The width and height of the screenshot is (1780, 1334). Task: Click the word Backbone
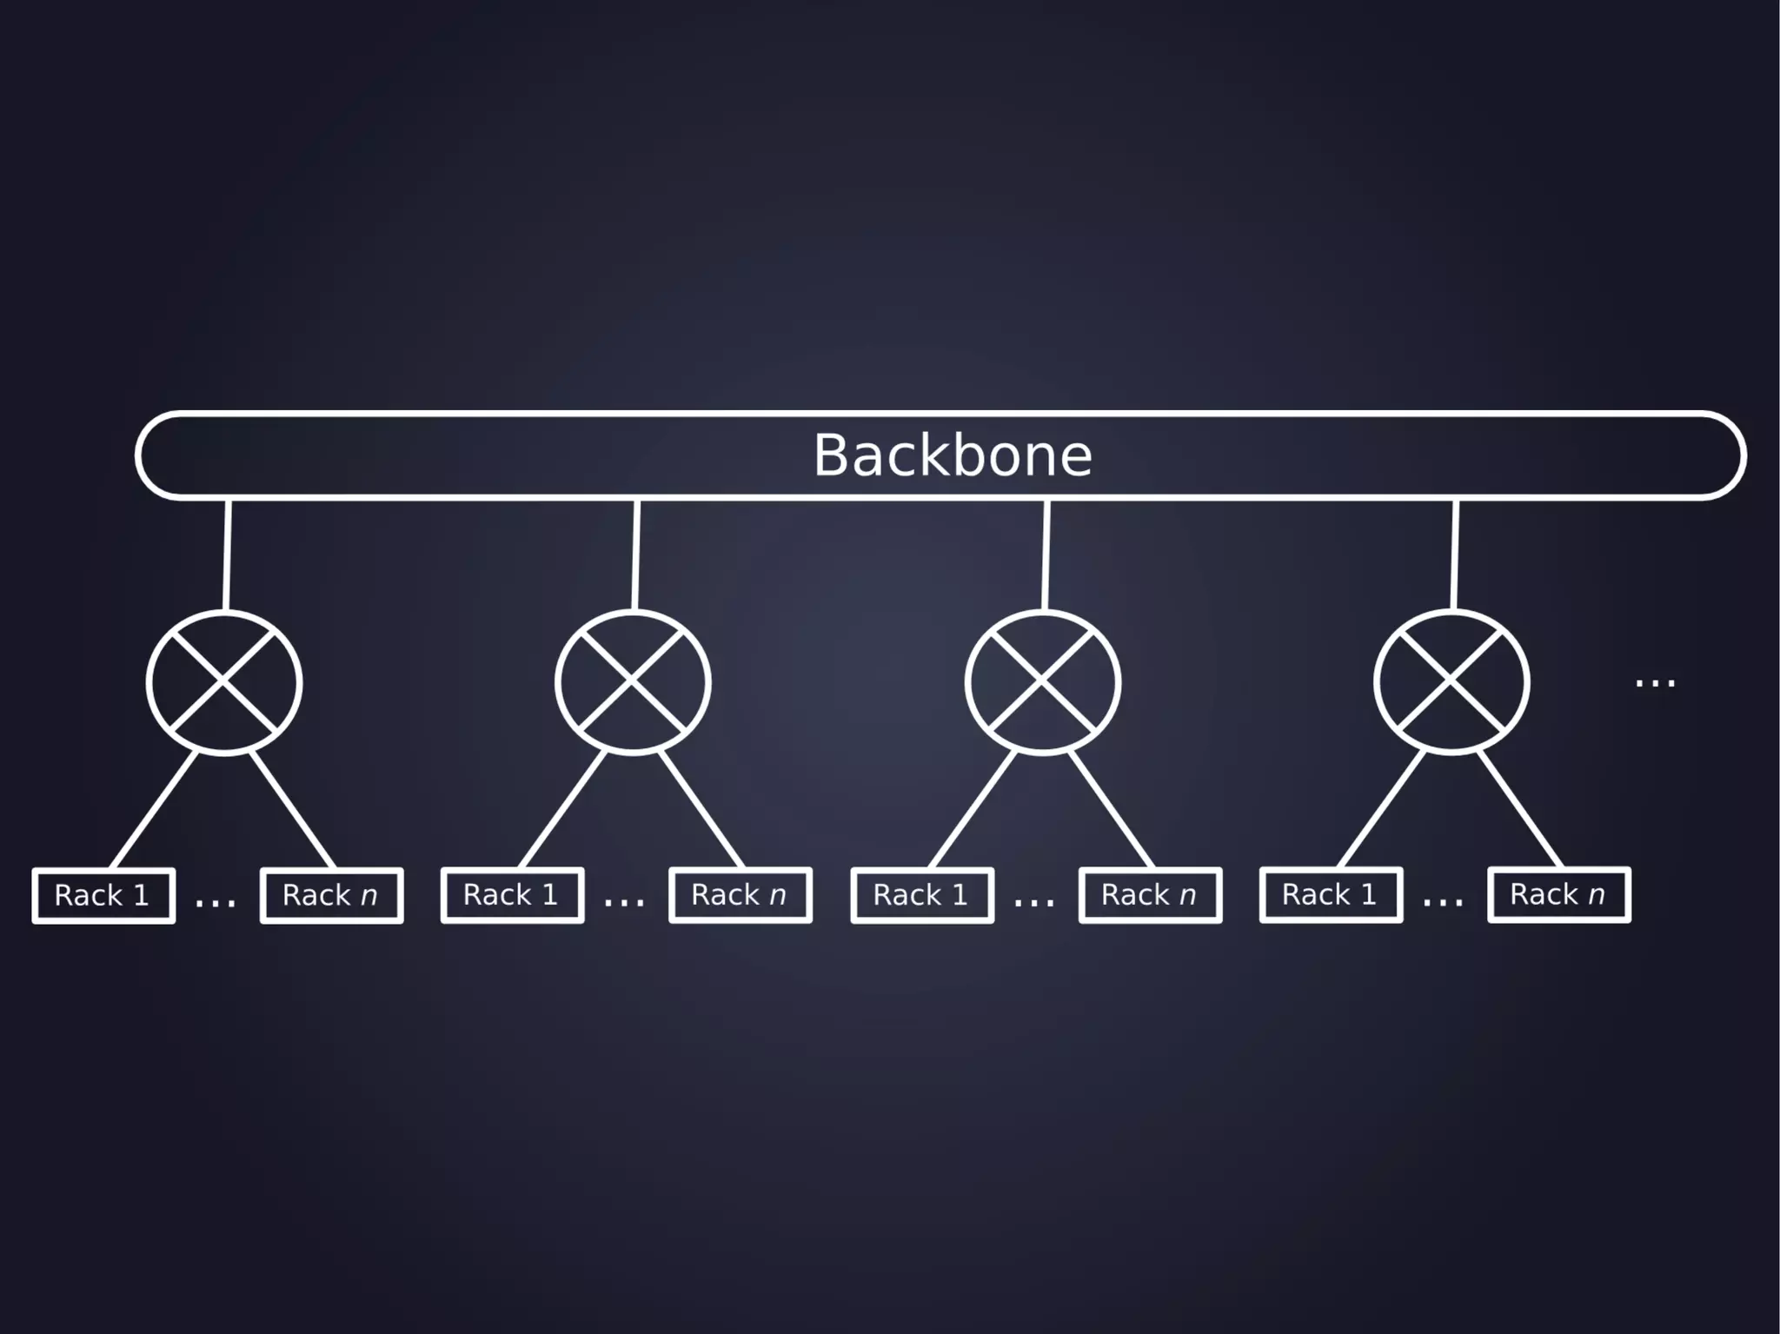tap(952, 455)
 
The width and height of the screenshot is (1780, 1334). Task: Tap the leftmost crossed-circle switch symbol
tap(224, 682)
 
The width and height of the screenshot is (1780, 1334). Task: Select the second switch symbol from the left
tap(633, 682)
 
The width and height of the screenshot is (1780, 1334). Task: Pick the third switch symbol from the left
tap(1042, 682)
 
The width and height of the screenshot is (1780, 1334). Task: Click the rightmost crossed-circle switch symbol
tap(1451, 682)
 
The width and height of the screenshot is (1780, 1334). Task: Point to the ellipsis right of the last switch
tap(1655, 683)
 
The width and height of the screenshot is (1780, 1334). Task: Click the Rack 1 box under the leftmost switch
tap(103, 895)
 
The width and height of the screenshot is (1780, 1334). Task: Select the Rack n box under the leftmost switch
tap(331, 895)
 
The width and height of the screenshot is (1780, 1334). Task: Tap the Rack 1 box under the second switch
tap(512, 895)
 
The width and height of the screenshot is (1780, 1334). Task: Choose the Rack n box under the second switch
tap(741, 895)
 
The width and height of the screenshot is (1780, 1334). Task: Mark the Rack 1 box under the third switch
tap(922, 895)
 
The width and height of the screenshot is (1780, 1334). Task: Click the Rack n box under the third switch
tap(1150, 895)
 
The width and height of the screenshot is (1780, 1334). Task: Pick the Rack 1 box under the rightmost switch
tap(1331, 895)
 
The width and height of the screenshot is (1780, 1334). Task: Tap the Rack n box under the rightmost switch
tap(1559, 895)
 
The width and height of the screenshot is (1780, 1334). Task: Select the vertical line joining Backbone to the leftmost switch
tap(227, 554)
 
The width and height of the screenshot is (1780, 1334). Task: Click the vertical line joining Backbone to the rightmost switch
tap(1454, 554)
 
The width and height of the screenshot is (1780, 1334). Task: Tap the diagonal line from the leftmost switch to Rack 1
tap(155, 811)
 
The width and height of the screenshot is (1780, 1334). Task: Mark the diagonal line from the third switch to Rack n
tap(1111, 810)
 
